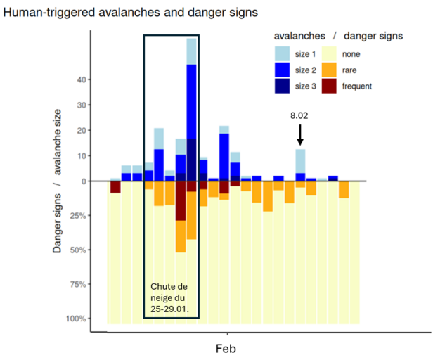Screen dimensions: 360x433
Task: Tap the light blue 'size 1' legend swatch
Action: pyautogui.click(x=283, y=53)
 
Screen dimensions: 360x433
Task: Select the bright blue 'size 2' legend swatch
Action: pyautogui.click(x=283, y=69)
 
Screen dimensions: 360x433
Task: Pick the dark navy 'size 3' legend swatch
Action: pyautogui.click(x=283, y=86)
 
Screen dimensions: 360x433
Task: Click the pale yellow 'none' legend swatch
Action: pyautogui.click(x=331, y=53)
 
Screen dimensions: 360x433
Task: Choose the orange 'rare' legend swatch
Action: pyautogui.click(x=331, y=69)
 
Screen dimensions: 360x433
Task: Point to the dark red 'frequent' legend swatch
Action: pyautogui.click(x=331, y=86)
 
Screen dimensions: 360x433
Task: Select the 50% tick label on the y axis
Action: pyautogui.click(x=77, y=250)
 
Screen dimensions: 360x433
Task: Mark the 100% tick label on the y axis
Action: pyautogui.click(x=75, y=319)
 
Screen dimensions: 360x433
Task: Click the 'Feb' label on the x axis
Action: pyautogui.click(x=227, y=348)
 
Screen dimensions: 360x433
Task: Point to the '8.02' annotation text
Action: pyautogui.click(x=300, y=114)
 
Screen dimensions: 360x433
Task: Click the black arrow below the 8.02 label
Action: pyautogui.click(x=300, y=134)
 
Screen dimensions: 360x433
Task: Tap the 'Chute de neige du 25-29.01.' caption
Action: pyautogui.click(x=171, y=297)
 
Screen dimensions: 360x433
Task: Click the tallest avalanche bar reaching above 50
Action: pyautogui.click(x=191, y=105)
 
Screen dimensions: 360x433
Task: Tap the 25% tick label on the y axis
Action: pyautogui.click(x=77, y=215)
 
